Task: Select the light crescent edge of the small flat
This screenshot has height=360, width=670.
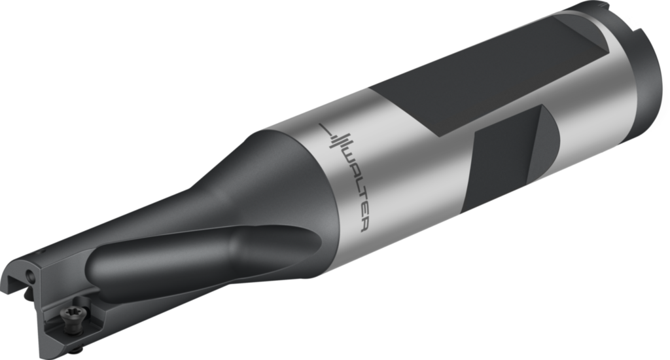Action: pyautogui.click(x=547, y=137)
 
